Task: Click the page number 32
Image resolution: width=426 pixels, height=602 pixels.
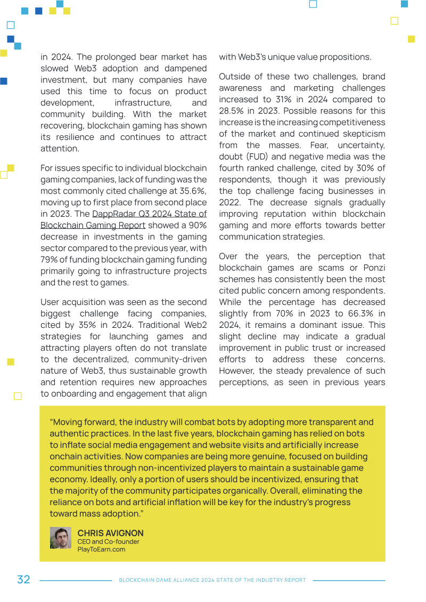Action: pos(23,580)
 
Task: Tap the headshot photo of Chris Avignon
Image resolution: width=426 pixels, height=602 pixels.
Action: pos(61,538)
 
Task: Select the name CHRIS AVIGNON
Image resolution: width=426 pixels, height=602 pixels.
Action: pos(110,533)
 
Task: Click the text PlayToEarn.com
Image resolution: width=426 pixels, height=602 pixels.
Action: pos(101,549)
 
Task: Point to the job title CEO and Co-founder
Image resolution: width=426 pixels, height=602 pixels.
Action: pos(108,541)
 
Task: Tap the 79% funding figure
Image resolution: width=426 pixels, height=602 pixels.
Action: pos(50,260)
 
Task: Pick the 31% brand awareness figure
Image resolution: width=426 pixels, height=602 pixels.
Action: pos(305,100)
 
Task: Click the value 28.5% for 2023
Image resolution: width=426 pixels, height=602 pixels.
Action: pos(232,111)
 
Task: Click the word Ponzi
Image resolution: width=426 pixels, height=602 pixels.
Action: pos(373,268)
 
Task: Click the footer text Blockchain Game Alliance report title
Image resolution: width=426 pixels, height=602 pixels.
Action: pos(212,580)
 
